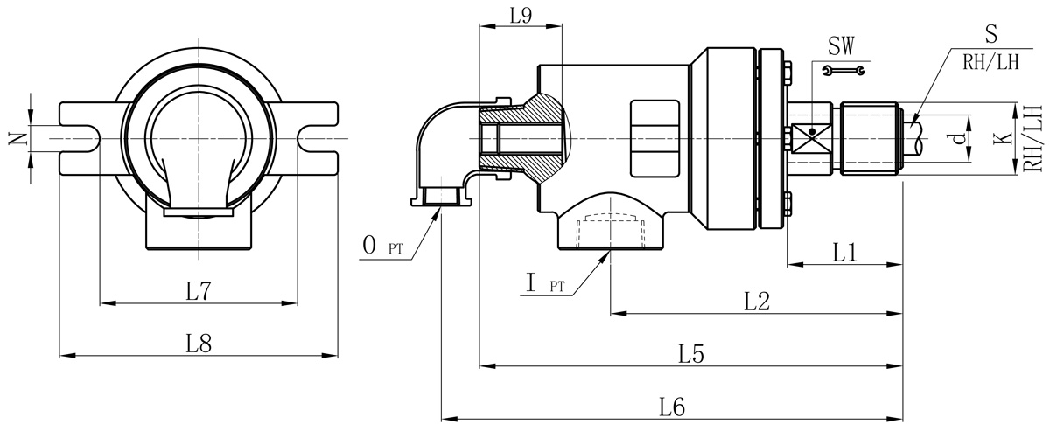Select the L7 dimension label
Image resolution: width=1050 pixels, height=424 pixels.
(x=199, y=291)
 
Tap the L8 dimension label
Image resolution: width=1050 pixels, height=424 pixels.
(x=199, y=344)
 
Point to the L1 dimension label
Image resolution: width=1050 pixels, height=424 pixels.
(x=844, y=253)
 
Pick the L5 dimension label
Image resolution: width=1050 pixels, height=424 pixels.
(x=691, y=354)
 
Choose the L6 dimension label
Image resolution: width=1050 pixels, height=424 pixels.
(x=672, y=407)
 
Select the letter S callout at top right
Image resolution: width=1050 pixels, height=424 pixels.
(x=990, y=34)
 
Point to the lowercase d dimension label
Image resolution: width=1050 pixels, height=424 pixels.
(x=960, y=138)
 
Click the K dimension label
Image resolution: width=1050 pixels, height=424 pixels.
(x=1003, y=138)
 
